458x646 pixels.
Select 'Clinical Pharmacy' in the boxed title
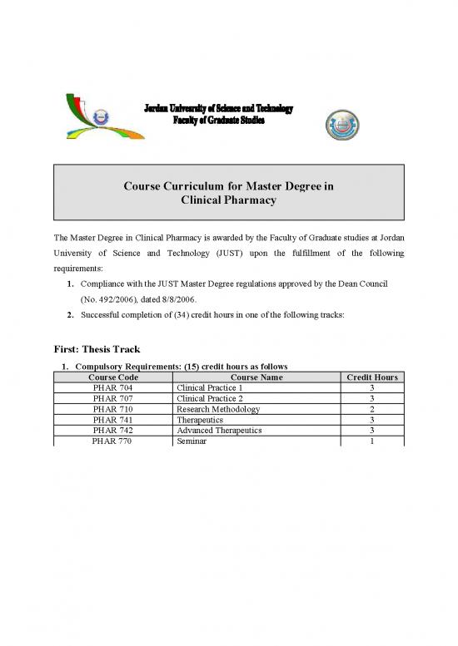(x=228, y=200)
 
